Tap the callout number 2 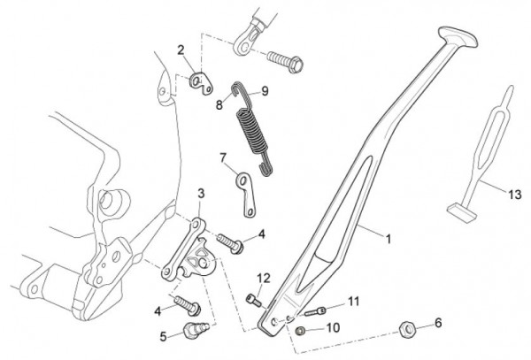point(181,50)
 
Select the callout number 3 point(201,193)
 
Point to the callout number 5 point(164,336)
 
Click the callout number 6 point(437,323)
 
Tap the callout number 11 point(354,302)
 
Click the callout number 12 point(263,278)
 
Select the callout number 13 point(514,192)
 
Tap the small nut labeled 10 point(301,330)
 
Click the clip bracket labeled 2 point(203,83)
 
